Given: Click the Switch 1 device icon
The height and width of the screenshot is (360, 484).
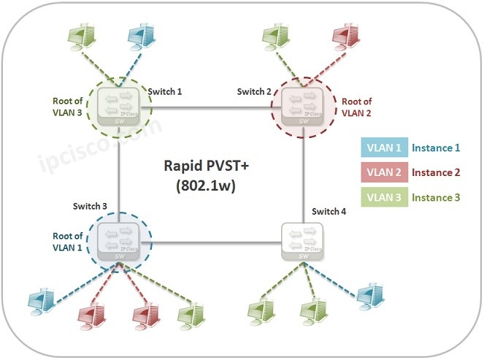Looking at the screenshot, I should [119, 107].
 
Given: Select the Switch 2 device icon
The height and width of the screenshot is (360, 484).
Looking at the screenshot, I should [302, 107].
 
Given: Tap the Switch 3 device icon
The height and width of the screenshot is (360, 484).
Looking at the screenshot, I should [119, 241].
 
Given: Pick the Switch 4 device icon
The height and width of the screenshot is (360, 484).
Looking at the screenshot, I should [302, 241].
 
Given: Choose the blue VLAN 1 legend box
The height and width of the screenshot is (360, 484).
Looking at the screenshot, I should [384, 148].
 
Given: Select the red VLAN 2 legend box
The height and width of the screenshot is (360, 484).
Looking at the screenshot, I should [384, 173].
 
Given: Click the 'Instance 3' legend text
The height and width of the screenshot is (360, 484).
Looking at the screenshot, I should [436, 198].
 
